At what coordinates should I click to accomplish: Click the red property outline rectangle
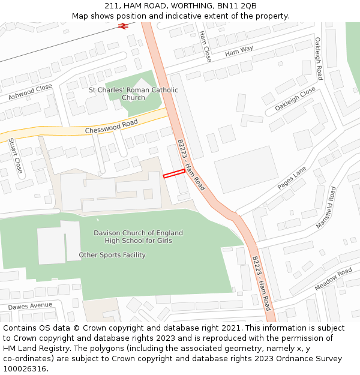tap(174, 173)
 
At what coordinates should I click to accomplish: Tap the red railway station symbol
tap(124, 26)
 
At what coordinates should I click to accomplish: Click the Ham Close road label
tap(205, 46)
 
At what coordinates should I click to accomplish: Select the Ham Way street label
tap(239, 52)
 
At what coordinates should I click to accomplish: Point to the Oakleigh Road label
tap(319, 59)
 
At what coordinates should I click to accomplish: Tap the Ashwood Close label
tap(30, 92)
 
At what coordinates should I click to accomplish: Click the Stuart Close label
tap(15, 156)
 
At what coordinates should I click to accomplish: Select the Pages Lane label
tap(292, 178)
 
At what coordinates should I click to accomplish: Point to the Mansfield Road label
tap(326, 208)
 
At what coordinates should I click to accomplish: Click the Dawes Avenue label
tap(31, 306)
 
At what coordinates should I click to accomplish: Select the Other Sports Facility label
tap(112, 255)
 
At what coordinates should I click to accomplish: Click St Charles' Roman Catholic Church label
tap(133, 94)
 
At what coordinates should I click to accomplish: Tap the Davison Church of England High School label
tap(138, 236)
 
